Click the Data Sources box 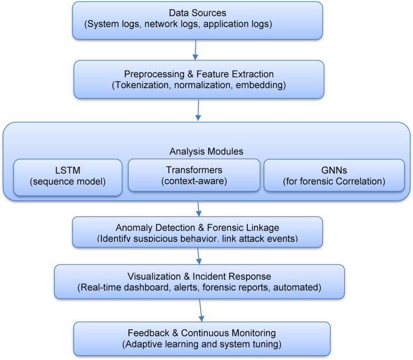point(197,20)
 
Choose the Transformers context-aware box point(194,175)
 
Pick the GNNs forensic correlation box point(334,175)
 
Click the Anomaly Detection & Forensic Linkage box point(197,233)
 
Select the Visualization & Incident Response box point(199,282)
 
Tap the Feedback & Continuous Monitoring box point(201,338)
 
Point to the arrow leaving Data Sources point(195,49)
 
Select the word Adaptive point(144,344)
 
